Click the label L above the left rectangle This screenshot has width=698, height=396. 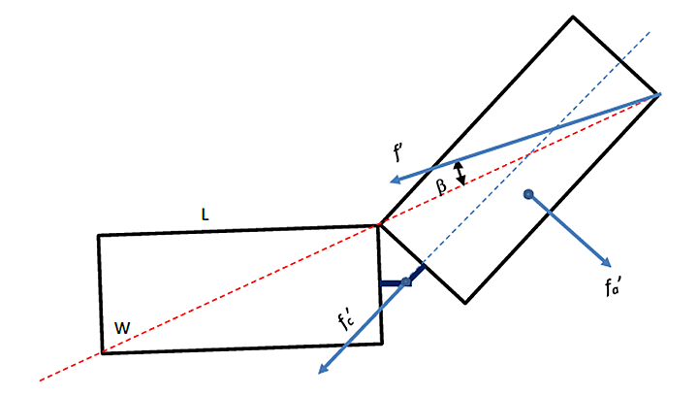204,214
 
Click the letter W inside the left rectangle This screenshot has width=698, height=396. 122,328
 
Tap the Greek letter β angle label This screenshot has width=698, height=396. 441,187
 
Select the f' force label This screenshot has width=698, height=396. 399,151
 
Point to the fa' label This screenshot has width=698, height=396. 612,286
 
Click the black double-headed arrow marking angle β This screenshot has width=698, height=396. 460,173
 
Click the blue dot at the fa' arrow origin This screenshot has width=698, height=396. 528,195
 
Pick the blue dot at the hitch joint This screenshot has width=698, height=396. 406,282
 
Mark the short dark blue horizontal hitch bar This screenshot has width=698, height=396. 393,283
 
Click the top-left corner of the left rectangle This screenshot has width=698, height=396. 98,236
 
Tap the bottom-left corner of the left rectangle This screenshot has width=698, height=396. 102,353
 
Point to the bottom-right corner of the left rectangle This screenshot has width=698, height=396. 381,343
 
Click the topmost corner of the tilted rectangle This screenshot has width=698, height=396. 573,16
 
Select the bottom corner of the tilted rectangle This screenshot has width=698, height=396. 465,303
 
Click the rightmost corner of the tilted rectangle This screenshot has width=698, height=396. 659,94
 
